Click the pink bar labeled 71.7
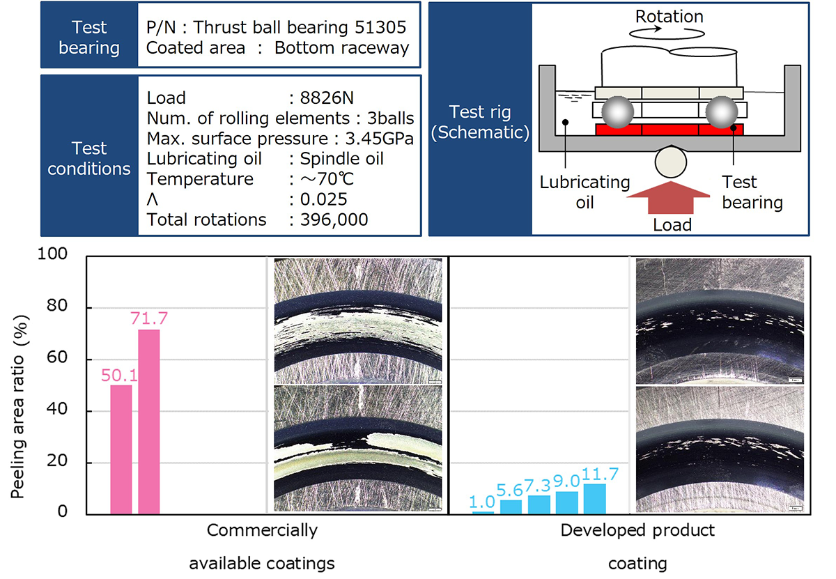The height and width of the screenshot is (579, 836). click(x=149, y=422)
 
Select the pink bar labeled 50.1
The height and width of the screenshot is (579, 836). click(x=121, y=449)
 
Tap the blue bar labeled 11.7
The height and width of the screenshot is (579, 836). click(x=594, y=499)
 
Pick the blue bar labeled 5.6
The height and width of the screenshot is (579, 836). click(x=511, y=507)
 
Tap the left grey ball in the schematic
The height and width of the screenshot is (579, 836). click(x=617, y=110)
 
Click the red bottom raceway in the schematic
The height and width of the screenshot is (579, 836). click(x=669, y=130)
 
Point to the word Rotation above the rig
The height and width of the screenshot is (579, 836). click(x=670, y=15)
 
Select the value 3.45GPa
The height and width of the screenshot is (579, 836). click(x=380, y=139)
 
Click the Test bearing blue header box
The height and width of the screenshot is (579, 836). click(x=89, y=38)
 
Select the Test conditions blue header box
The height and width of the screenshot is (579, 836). click(x=89, y=158)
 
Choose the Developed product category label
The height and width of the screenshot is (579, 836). click(x=637, y=530)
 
